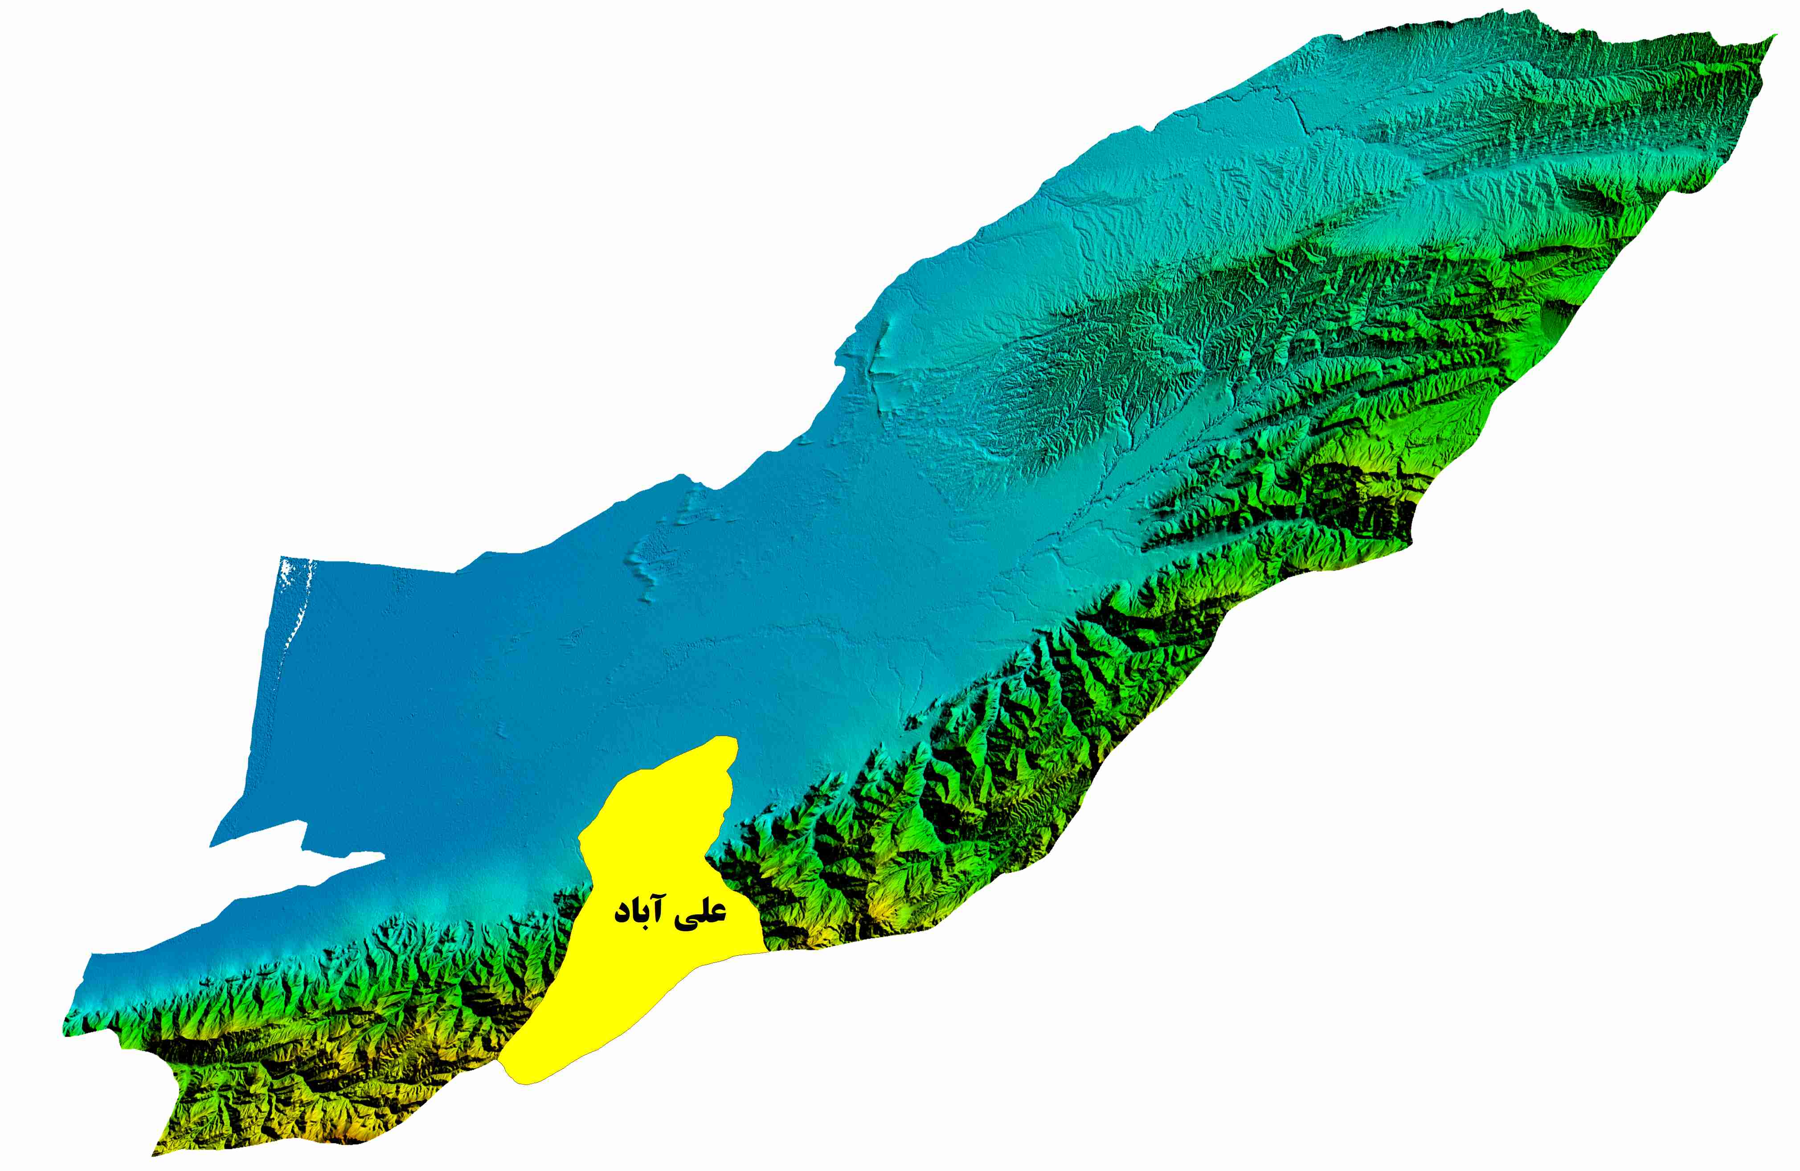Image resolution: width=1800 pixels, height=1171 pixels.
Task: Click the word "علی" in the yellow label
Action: pos(702,912)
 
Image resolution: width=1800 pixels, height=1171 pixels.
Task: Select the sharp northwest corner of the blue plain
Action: pos(280,558)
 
